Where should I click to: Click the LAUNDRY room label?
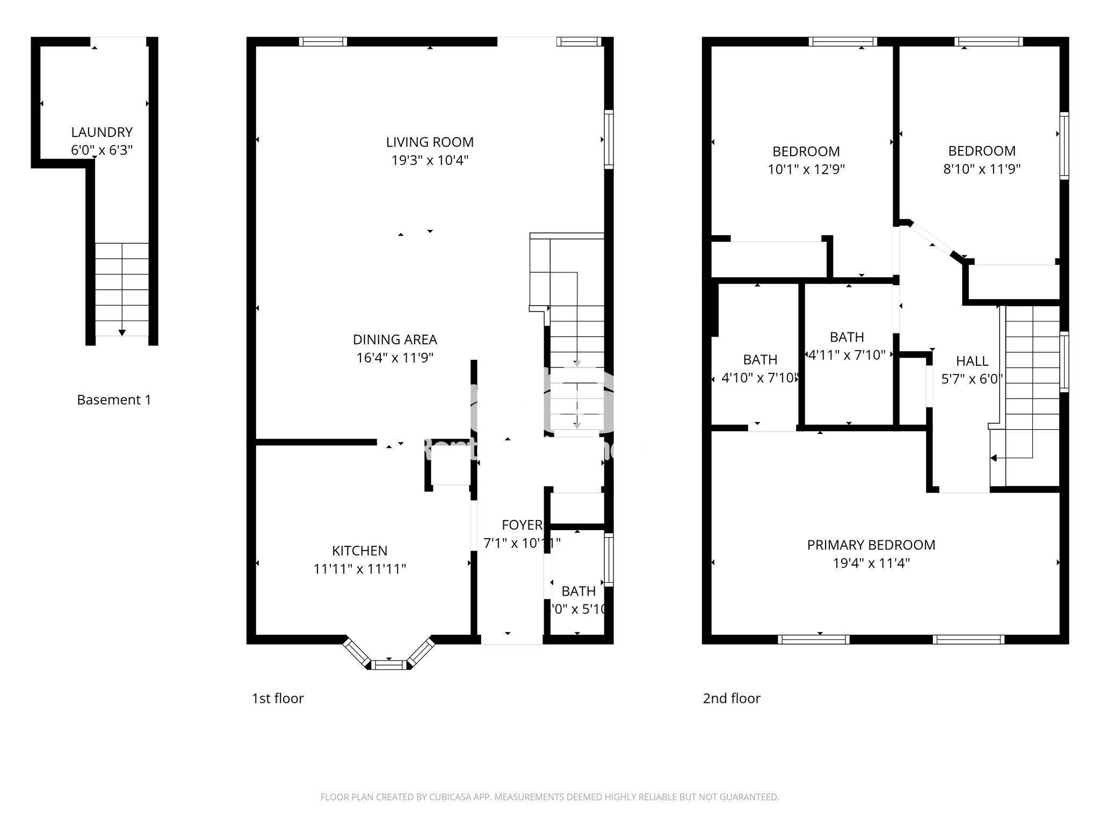pyautogui.click(x=102, y=132)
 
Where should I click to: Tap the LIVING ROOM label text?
pyautogui.click(x=430, y=142)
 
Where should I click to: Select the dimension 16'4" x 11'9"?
pyautogui.click(x=395, y=358)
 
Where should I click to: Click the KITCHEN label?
pyautogui.click(x=359, y=551)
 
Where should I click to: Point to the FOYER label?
pyautogui.click(x=522, y=525)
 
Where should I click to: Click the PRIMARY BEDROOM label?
pyautogui.click(x=871, y=545)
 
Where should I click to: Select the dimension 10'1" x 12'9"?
pyautogui.click(x=806, y=170)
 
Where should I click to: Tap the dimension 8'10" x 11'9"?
pyautogui.click(x=981, y=169)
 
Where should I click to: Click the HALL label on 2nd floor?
pyautogui.click(x=972, y=361)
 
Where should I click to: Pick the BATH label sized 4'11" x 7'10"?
pyautogui.click(x=846, y=337)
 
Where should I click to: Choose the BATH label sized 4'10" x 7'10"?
pyautogui.click(x=760, y=359)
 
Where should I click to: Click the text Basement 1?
pyautogui.click(x=114, y=400)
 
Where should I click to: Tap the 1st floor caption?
pyautogui.click(x=278, y=698)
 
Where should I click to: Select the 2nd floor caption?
pyautogui.click(x=732, y=698)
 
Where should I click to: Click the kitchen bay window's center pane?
pyautogui.click(x=388, y=665)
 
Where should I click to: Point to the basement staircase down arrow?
pyautogui.click(x=122, y=332)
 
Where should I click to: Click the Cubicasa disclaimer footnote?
pyautogui.click(x=549, y=797)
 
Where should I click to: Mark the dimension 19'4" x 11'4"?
pyautogui.click(x=871, y=563)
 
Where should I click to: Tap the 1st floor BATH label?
pyautogui.click(x=578, y=591)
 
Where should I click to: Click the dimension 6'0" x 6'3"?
pyautogui.click(x=102, y=150)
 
